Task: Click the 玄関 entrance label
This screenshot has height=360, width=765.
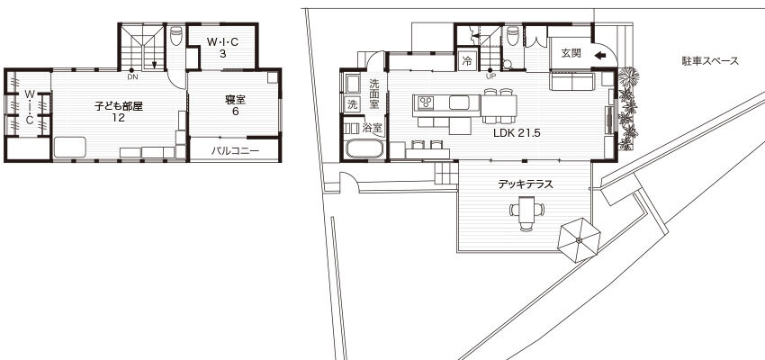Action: coord(571,54)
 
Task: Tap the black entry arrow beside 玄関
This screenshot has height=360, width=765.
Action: coord(600,55)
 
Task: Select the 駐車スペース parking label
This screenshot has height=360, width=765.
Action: coord(710,61)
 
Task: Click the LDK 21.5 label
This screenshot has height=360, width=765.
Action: coord(517,133)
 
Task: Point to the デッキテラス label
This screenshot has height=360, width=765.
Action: coord(525,184)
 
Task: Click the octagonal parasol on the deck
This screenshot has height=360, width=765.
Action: coord(580,240)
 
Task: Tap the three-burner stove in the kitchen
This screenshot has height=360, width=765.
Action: coord(426,103)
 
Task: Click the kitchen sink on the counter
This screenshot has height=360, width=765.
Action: coord(460,103)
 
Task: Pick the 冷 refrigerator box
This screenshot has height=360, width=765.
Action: coord(467,61)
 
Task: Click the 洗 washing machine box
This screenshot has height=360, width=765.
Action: coord(352,103)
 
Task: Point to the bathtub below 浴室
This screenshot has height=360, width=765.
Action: coord(364,148)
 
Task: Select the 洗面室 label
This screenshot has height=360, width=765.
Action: coord(374,94)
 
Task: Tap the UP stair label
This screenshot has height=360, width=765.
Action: coord(490,76)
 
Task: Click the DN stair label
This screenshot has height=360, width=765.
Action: coord(131,77)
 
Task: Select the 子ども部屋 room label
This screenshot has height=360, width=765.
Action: coord(119,106)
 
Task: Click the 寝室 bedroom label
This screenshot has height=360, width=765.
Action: coord(235,100)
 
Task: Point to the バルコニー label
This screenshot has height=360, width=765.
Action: coord(235,150)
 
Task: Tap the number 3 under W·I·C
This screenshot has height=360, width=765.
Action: coord(222,54)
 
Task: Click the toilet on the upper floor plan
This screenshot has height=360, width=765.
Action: coord(176,36)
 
